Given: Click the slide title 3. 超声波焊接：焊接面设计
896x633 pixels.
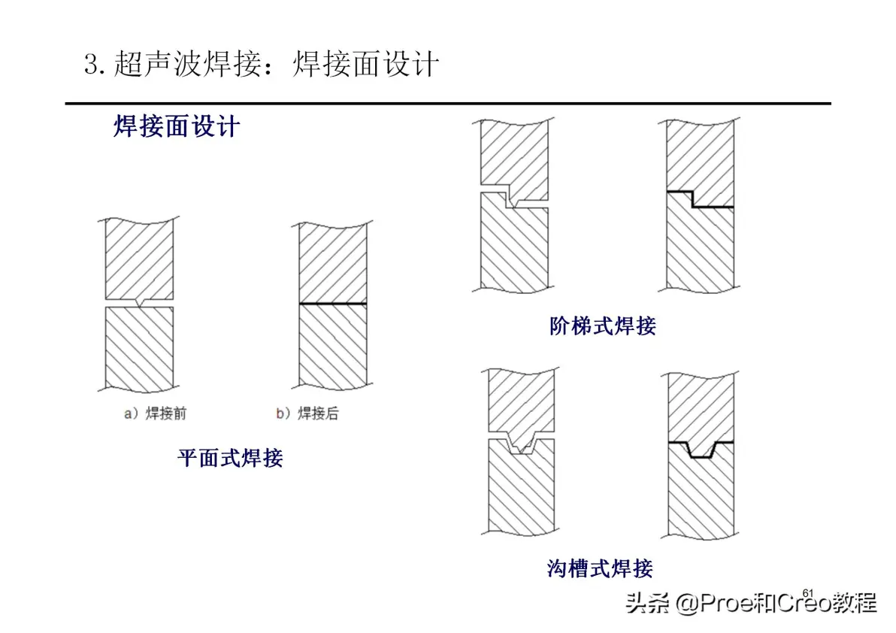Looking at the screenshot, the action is coord(262,63).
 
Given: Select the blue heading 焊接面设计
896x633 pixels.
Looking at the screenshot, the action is coord(177,126).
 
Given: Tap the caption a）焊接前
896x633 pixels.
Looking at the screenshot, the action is coord(156,413).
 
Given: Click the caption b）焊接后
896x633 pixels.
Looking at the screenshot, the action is coord(307,413).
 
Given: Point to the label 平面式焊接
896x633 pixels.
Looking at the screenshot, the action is coord(230,458).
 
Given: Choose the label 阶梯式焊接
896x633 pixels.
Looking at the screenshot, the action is coord(603,326).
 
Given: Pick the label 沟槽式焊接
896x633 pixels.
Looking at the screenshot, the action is coord(600,568).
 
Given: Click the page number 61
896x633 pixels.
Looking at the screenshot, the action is coord(807,594).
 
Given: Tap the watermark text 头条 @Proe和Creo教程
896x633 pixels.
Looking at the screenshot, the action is coord(752,603).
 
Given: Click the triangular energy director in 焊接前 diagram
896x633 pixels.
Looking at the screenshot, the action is coord(139,303).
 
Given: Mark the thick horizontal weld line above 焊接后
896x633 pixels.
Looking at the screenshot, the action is coord(333,304).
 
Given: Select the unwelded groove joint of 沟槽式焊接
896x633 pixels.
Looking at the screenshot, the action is coord(521,442).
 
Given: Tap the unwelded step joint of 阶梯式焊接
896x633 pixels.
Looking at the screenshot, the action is coord(514,195).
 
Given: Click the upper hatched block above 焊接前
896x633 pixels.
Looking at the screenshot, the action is coord(139,258).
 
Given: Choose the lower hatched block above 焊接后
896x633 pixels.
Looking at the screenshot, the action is coord(333,347).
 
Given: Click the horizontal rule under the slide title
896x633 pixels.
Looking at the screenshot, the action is coord(448,104).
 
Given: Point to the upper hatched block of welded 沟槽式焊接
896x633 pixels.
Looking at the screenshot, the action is coord(701,407).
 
